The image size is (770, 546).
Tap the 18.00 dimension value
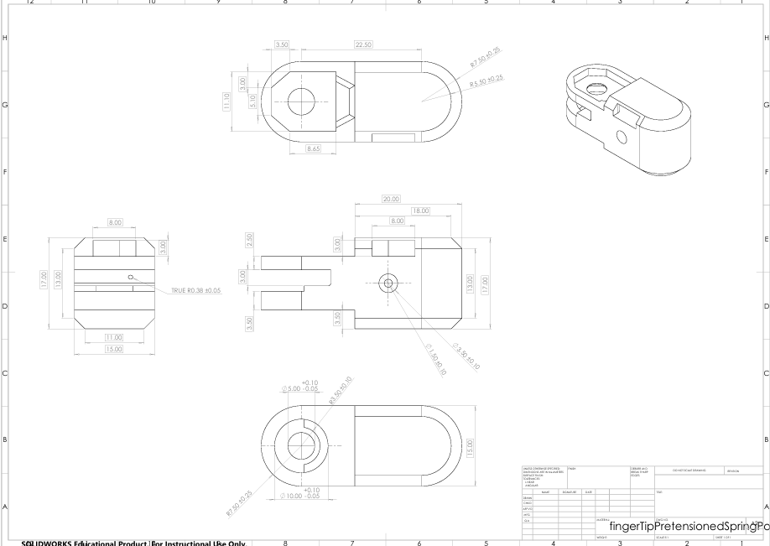click(x=419, y=211)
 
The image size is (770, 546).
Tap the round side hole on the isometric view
click(x=621, y=137)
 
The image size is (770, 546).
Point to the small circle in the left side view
click(x=130, y=277)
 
